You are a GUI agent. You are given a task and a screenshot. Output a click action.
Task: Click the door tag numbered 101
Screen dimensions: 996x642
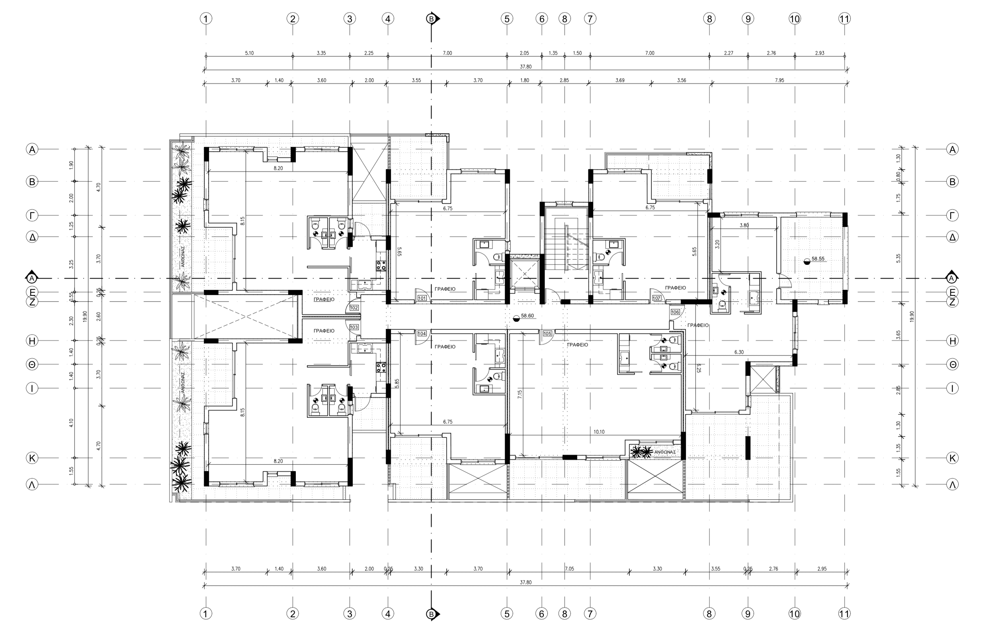(422, 298)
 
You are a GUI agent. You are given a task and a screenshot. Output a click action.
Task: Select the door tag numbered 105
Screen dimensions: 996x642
(547, 333)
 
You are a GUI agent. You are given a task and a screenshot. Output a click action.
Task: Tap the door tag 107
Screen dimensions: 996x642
(657, 298)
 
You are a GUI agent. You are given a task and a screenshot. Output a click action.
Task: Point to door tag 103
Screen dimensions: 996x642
(354, 327)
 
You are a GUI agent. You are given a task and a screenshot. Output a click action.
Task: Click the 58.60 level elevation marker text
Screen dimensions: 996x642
(527, 315)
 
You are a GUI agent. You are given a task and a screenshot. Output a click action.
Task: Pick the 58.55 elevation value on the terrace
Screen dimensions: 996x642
(818, 258)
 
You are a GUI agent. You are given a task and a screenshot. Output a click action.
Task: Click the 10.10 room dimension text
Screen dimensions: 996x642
(599, 432)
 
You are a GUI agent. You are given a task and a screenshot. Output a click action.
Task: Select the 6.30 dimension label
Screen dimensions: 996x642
(738, 352)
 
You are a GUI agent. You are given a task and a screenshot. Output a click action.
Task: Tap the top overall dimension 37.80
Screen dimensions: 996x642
(526, 67)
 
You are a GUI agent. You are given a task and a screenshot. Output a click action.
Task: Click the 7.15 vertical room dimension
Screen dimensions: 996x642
(520, 394)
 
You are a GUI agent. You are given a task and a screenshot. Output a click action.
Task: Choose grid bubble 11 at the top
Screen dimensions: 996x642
(844, 19)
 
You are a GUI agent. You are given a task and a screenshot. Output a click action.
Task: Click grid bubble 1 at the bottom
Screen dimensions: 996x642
(206, 614)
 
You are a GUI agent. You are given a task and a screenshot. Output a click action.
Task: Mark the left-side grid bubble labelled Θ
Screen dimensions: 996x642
(32, 364)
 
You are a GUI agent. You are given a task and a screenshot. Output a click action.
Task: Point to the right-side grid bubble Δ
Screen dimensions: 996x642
(952, 237)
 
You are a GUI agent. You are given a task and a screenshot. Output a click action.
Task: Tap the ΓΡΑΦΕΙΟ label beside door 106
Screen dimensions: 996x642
(698, 325)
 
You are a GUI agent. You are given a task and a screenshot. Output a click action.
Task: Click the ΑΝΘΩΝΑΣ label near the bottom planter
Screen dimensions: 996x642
(665, 452)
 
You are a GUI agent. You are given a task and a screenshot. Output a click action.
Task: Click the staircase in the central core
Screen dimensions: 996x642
(566, 246)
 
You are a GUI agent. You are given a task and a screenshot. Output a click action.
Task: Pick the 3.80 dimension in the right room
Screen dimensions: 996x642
(744, 225)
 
